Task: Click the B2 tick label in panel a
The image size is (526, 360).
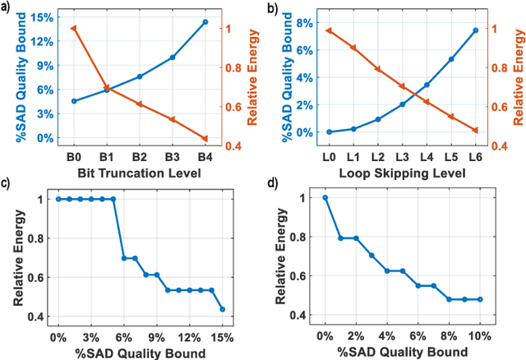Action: click(x=140, y=155)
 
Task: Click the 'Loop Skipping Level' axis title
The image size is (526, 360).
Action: click(x=401, y=173)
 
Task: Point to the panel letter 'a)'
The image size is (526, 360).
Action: click(x=7, y=8)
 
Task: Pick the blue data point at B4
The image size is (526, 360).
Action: click(x=205, y=21)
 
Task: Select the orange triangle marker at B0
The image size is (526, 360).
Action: click(x=74, y=29)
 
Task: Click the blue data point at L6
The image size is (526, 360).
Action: click(x=475, y=30)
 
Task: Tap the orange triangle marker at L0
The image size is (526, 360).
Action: click(x=329, y=30)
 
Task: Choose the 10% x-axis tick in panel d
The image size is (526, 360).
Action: click(x=479, y=337)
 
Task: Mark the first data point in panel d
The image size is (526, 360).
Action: click(x=325, y=197)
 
